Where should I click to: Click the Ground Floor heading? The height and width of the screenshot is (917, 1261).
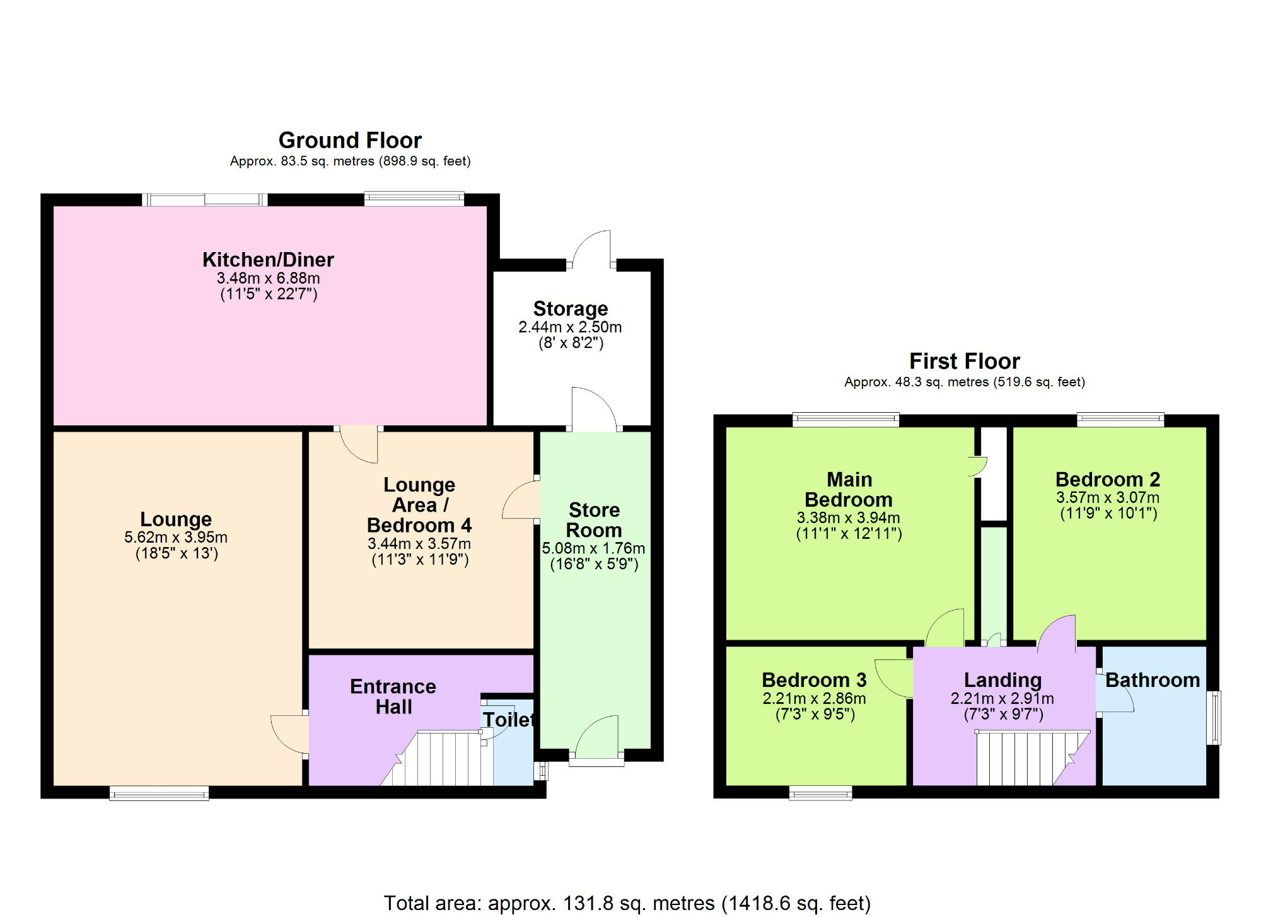tap(350, 140)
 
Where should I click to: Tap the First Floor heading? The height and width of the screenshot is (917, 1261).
tap(964, 361)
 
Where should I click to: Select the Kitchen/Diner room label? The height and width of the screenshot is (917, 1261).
tap(268, 260)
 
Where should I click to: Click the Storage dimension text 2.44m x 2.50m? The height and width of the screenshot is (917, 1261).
tap(570, 327)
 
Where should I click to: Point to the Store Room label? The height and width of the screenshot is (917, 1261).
tap(594, 520)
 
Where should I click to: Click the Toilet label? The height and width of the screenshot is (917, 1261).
tap(508, 719)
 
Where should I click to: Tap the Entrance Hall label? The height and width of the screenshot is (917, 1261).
tap(393, 696)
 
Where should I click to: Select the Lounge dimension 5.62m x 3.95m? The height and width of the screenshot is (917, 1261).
tap(176, 538)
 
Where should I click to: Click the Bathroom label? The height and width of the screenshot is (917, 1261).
tap(1152, 680)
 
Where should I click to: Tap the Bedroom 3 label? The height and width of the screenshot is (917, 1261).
tap(814, 680)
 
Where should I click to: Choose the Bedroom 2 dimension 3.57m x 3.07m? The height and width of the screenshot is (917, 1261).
tap(1108, 497)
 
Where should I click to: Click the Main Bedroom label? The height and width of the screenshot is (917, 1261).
tap(849, 490)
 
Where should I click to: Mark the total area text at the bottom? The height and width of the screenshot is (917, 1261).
tap(627, 903)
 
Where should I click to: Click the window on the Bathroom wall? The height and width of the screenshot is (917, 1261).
tap(1214, 718)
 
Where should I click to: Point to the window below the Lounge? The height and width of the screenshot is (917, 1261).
tap(159, 793)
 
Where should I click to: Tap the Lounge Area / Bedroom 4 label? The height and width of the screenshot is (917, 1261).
tap(419, 505)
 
